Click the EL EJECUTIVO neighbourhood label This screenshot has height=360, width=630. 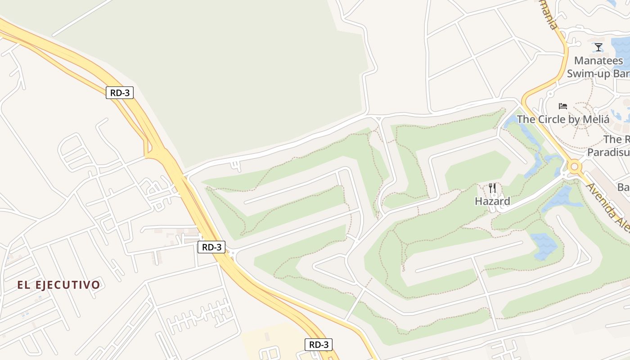tap(58, 285)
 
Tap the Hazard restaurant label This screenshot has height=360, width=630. tap(492, 201)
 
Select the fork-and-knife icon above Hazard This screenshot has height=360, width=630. tap(492, 188)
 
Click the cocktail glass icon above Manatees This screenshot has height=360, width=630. tap(598, 47)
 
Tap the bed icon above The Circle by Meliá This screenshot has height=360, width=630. tap(562, 106)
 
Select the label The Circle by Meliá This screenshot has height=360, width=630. tap(562, 119)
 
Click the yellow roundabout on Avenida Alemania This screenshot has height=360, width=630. tap(574, 167)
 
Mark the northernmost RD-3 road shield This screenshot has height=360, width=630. tap(120, 93)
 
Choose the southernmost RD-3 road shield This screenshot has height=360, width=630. tap(319, 345)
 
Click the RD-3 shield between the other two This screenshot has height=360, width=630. tap(211, 247)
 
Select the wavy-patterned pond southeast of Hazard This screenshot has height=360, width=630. tap(544, 245)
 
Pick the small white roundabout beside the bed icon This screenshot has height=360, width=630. tap(549, 94)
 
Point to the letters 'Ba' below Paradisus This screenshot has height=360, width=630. tap(623, 187)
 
